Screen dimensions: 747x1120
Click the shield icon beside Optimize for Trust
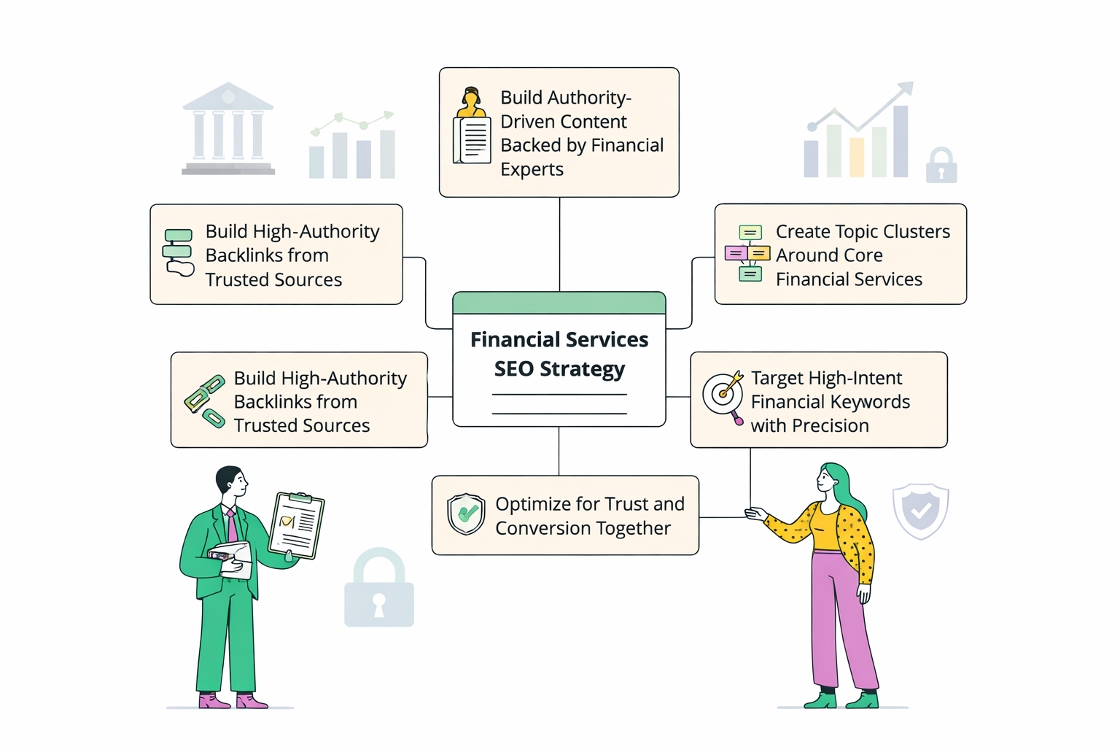tap(466, 514)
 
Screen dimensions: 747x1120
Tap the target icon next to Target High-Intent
tap(722, 394)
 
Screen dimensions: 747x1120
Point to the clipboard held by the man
tap(297, 525)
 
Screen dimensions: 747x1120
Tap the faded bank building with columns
tap(228, 129)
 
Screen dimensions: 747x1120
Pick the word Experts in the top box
tap(532, 169)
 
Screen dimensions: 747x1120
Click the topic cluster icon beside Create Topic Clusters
tap(748, 253)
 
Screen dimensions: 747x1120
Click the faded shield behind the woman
tap(920, 510)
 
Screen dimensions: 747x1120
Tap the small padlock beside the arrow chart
tap(941, 166)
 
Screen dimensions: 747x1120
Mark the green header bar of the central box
tap(559, 303)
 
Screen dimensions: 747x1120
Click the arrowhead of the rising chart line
tap(906, 89)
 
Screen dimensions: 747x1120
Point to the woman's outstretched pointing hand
tap(755, 514)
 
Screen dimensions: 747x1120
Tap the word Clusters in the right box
tap(914, 232)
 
